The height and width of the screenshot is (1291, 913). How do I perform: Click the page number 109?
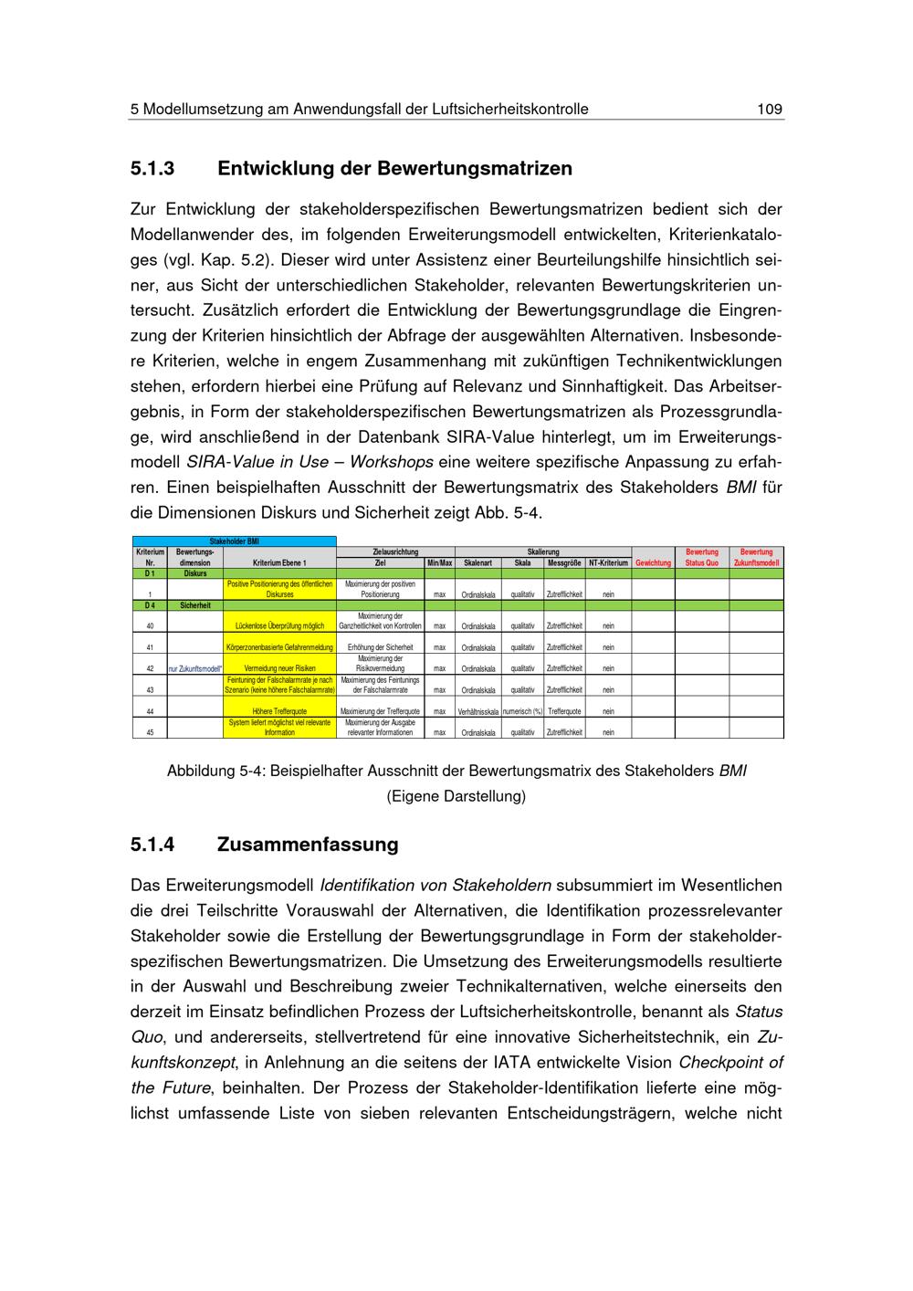(x=770, y=110)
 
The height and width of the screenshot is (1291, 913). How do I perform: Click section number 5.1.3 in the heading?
(x=152, y=169)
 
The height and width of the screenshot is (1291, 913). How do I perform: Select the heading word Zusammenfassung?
(x=308, y=845)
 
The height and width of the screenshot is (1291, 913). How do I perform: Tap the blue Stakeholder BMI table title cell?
(x=234, y=541)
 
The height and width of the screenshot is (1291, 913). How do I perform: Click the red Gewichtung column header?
(x=654, y=563)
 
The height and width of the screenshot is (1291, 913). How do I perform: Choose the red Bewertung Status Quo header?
(x=702, y=558)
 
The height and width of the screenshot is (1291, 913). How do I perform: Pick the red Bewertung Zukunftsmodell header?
(x=756, y=558)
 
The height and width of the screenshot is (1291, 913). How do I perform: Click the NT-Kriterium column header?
(x=608, y=563)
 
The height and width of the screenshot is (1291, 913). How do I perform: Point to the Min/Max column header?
(x=440, y=563)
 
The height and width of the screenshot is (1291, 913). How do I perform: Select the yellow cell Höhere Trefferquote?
(x=279, y=711)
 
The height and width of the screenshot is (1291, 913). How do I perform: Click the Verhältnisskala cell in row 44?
(x=478, y=711)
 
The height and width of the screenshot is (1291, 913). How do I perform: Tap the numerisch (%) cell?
(x=522, y=711)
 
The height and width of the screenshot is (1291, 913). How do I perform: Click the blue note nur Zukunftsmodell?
(x=195, y=668)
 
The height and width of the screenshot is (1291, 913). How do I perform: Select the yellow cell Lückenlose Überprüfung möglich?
(x=279, y=626)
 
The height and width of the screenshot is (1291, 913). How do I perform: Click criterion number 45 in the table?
(x=150, y=732)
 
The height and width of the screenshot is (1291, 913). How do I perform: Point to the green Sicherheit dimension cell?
(x=195, y=605)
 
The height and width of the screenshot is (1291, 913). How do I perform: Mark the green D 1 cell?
(x=150, y=573)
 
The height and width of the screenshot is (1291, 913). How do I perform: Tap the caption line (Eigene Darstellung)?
(x=456, y=796)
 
